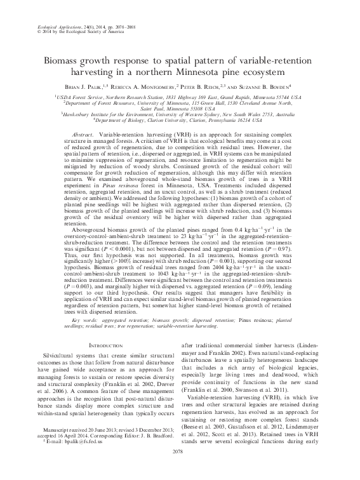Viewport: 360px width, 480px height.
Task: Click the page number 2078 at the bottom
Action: [180, 470]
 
